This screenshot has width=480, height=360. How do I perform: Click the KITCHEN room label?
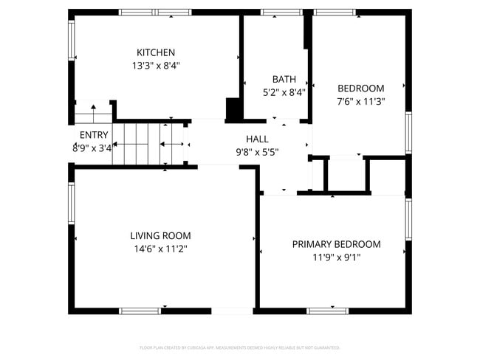156,52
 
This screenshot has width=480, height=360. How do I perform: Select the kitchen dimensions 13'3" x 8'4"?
156,65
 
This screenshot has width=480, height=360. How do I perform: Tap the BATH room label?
284,79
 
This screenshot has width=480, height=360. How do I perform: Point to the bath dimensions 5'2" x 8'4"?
284,92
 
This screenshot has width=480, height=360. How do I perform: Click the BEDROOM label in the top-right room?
360,89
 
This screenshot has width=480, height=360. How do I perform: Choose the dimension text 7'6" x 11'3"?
360,102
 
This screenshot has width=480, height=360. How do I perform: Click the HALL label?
257,139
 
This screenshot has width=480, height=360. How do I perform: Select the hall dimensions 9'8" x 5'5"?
257,152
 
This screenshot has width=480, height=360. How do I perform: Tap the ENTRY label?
94,135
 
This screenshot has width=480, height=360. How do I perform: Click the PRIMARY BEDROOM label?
336,244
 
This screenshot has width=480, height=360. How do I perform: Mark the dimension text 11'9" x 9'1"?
336,257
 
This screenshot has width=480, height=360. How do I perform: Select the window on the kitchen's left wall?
72,40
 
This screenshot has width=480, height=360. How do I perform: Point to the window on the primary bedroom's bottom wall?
327,311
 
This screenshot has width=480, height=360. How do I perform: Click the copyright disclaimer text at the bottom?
239,347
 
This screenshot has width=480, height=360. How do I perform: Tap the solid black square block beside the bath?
234,108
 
